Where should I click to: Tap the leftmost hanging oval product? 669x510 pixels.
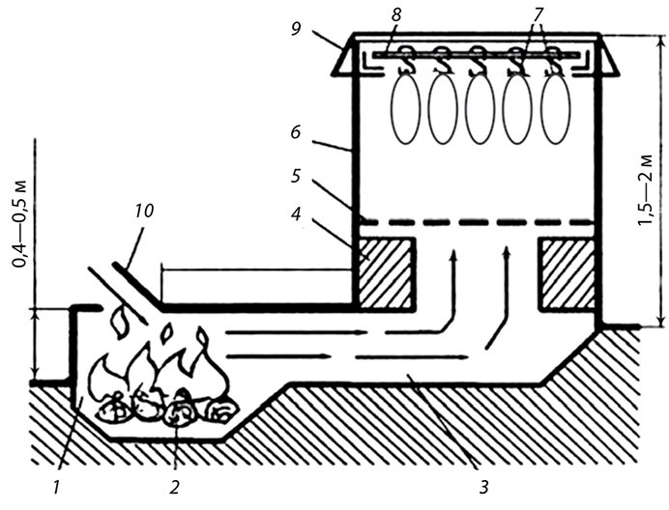[405, 107]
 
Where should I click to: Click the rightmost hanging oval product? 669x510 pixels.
[555, 107]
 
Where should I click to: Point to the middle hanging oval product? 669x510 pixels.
[480, 107]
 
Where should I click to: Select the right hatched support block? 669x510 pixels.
[567, 272]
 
